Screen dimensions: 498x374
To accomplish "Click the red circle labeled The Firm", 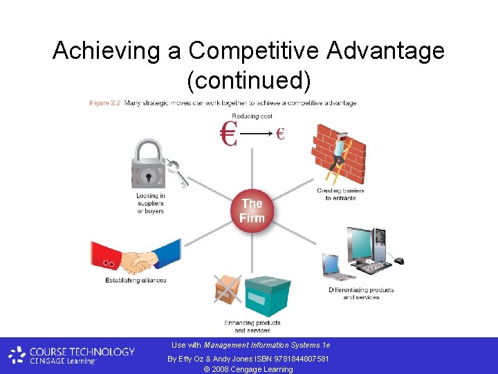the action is coord(252,211).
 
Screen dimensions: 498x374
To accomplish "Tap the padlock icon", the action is coord(149,166).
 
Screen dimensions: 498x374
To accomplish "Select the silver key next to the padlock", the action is coord(178,174).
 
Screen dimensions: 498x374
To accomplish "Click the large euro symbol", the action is coord(228,134).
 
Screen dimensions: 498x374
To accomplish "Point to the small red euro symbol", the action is coord(280,134).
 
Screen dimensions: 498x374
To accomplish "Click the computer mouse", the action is coord(398,261).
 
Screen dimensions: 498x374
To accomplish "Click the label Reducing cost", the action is coord(252,116).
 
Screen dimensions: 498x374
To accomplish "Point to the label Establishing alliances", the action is coord(136,280).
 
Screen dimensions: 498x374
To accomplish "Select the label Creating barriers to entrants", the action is coord(340,195).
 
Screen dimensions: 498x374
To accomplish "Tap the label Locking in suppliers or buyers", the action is coord(150,203).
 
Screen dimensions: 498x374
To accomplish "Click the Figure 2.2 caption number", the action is coord(105,103).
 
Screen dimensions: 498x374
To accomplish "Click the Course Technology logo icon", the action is coord(17,355).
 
